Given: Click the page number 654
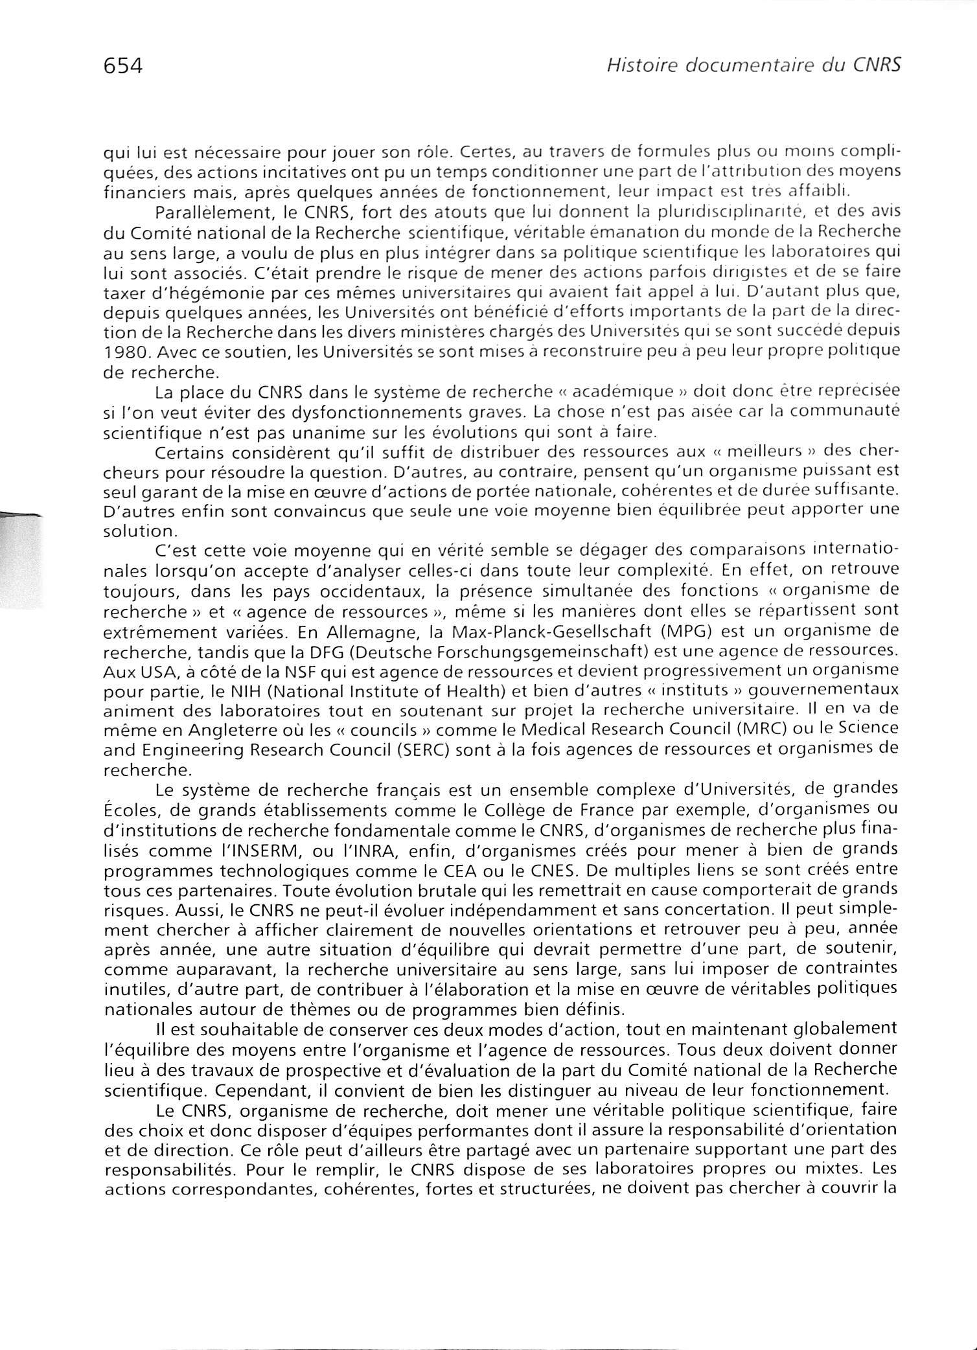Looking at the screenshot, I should pyautogui.click(x=122, y=65).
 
